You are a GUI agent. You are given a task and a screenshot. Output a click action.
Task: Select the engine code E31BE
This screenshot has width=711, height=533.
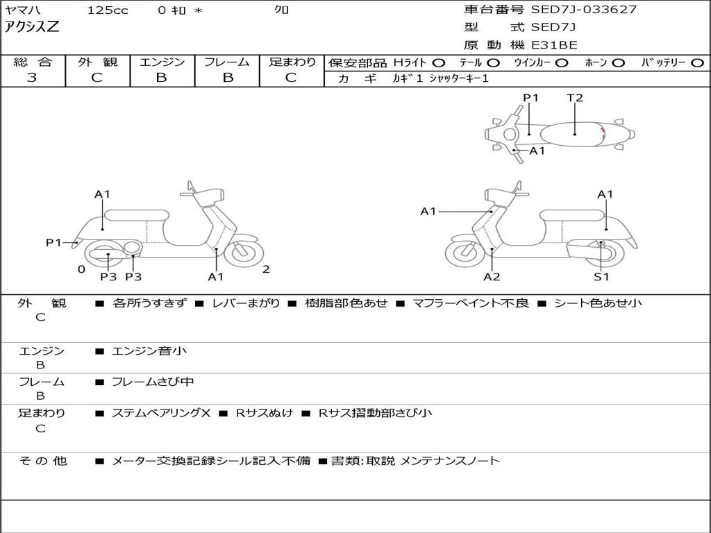pos(554,45)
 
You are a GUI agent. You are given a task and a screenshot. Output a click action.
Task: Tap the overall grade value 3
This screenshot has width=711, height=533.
pos(32,78)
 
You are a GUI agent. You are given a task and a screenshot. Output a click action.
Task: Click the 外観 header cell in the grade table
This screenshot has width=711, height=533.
pos(97,62)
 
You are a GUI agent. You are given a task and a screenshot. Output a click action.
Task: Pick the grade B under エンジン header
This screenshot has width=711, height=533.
pos(161,78)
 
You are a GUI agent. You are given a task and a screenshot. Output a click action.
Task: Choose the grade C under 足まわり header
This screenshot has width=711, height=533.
pos(291,78)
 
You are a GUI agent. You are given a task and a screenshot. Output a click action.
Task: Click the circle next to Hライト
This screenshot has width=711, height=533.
pos(439,62)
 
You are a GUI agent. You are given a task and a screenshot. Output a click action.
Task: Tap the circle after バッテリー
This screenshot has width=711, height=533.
pos(698,62)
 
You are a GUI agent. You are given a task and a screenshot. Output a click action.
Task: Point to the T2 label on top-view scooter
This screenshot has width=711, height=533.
pos(575,98)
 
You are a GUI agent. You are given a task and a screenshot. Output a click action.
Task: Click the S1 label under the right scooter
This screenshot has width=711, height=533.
pos(601,277)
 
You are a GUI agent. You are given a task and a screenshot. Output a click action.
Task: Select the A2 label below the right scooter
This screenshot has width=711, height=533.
pos(492,277)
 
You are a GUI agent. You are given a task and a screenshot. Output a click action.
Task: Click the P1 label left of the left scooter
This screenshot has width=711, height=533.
pos(54,242)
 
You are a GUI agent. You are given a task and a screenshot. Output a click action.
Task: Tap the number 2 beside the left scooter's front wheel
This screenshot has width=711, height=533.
pos(266,269)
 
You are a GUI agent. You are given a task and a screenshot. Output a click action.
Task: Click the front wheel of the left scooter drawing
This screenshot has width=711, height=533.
pos(242,253)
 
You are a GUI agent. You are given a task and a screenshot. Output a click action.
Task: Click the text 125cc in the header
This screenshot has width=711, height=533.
pos(108,10)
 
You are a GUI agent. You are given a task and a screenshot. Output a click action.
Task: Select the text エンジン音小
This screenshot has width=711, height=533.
pos(149,351)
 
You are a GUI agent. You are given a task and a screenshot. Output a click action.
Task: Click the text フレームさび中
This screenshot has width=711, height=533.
pos(153,382)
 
